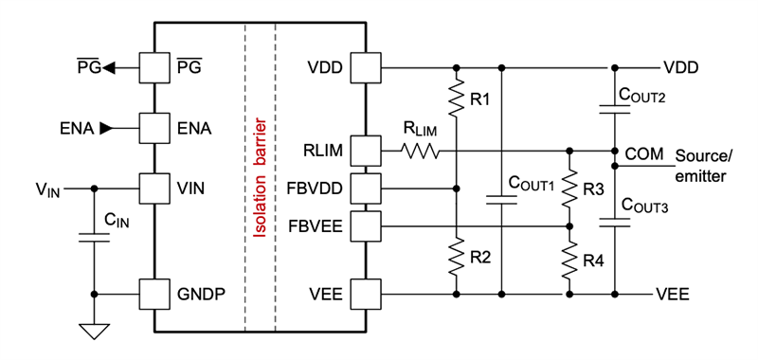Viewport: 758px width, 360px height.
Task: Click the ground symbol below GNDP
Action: [95, 331]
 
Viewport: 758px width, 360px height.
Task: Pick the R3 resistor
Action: [569, 190]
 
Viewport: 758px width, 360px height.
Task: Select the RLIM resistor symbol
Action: [420, 150]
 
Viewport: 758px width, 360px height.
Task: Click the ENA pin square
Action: [153, 126]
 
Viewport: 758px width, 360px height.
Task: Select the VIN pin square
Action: [153, 188]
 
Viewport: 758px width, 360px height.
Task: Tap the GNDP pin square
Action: [153, 294]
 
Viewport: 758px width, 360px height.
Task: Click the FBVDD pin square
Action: [366, 187]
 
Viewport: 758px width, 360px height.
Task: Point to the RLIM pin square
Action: [366, 150]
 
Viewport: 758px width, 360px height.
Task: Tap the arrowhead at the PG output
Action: [109, 67]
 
